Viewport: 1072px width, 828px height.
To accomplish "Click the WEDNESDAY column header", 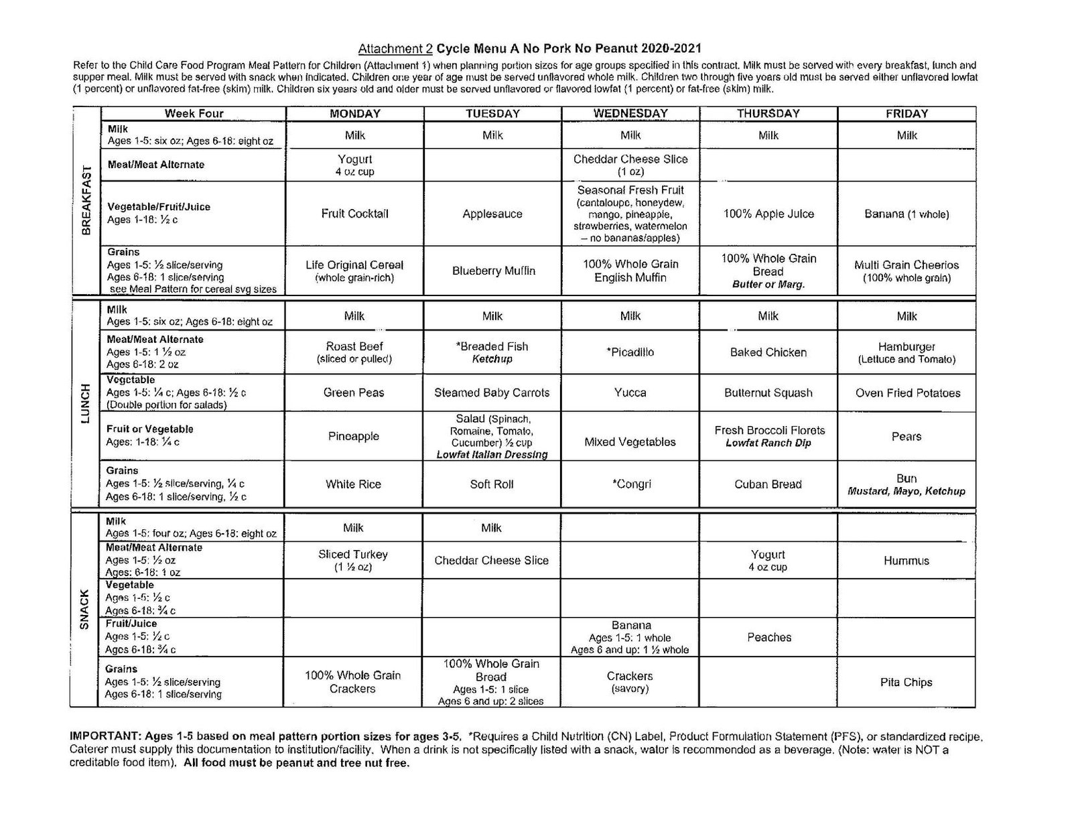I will pyautogui.click(x=630, y=113).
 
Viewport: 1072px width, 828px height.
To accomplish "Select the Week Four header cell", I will pyautogui.click(x=194, y=114).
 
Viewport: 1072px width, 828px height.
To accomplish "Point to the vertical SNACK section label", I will pyautogui.click(x=85, y=610).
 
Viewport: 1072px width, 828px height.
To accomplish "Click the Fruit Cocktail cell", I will pyautogui.click(x=354, y=214).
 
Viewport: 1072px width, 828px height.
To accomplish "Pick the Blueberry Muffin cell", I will pyautogui.click(x=492, y=271).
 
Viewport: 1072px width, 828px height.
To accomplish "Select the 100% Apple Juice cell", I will pyautogui.click(x=768, y=214).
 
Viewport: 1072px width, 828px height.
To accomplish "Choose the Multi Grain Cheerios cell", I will pyautogui.click(x=907, y=271).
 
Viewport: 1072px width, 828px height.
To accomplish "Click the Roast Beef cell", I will pyautogui.click(x=354, y=352).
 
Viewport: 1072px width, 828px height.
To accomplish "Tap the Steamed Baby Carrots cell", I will pyautogui.click(x=492, y=393).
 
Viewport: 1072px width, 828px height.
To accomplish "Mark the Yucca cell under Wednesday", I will pyautogui.click(x=630, y=393).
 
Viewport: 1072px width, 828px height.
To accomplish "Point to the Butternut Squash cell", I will pyautogui.click(x=768, y=393).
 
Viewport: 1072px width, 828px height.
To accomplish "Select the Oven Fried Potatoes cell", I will pyautogui.click(x=907, y=393).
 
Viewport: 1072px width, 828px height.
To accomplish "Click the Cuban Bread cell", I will pyautogui.click(x=768, y=484).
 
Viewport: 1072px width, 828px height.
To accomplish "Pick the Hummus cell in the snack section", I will pyautogui.click(x=906, y=561).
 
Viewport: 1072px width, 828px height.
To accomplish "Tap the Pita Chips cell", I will pyautogui.click(x=906, y=682).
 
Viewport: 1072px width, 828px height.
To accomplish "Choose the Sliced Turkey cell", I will pyautogui.click(x=353, y=560).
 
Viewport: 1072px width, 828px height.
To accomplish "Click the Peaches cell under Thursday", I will pyautogui.click(x=768, y=637).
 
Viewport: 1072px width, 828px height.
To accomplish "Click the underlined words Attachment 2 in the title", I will pyautogui.click(x=395, y=48).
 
